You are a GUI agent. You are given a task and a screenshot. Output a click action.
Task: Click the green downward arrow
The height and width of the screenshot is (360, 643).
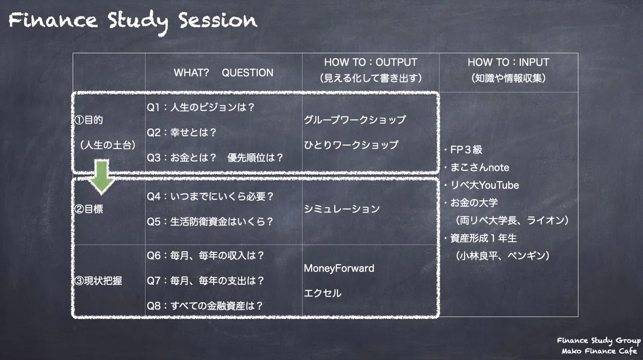(101, 177)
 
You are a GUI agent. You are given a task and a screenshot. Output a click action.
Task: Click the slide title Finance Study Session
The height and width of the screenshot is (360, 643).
(133, 22)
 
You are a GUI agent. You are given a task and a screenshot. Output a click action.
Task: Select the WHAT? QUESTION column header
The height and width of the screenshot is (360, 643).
(223, 73)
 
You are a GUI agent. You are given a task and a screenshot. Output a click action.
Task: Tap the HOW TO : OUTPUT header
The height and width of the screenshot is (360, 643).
(371, 62)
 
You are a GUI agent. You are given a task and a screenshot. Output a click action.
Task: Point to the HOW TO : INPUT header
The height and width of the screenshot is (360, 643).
(509, 62)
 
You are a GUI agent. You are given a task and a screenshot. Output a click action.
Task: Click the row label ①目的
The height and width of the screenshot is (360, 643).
(89, 119)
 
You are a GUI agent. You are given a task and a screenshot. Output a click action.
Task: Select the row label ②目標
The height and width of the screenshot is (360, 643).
(89, 209)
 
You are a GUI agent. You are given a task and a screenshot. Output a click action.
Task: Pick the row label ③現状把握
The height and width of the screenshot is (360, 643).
(98, 281)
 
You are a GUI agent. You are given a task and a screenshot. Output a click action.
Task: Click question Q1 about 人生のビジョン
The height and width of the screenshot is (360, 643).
(200, 107)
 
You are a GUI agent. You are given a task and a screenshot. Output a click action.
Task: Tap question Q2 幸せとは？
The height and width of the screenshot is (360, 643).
(182, 132)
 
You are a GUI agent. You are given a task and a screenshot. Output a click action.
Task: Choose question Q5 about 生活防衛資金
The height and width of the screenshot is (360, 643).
(210, 222)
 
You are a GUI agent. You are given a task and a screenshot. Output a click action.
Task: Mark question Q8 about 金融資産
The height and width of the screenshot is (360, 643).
(205, 306)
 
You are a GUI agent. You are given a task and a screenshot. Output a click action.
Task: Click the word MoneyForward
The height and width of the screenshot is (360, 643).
(339, 268)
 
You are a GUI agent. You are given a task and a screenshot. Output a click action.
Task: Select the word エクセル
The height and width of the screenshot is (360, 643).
(323, 293)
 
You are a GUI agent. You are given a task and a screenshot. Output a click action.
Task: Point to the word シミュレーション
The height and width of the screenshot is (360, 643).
(342, 209)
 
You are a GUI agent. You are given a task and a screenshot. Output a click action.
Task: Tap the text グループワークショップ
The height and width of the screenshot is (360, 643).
(355, 119)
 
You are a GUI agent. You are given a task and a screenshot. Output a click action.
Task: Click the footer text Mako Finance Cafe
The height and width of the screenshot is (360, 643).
(599, 351)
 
